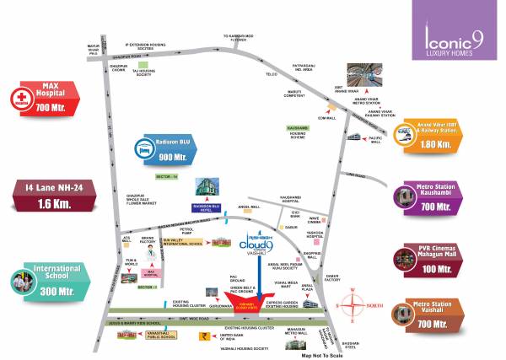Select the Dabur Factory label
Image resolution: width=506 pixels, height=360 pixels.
point(331,276)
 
